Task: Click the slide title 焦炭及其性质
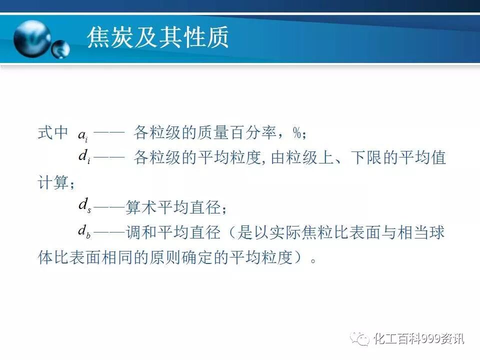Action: coord(157,37)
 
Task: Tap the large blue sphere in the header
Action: coord(32,38)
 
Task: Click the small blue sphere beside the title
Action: coord(61,49)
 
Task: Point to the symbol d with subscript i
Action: coord(84,157)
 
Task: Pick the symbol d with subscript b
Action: coord(84,231)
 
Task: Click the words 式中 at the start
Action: coord(52,133)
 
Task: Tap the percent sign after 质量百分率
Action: coord(298,133)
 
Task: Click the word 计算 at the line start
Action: coord(52,183)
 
